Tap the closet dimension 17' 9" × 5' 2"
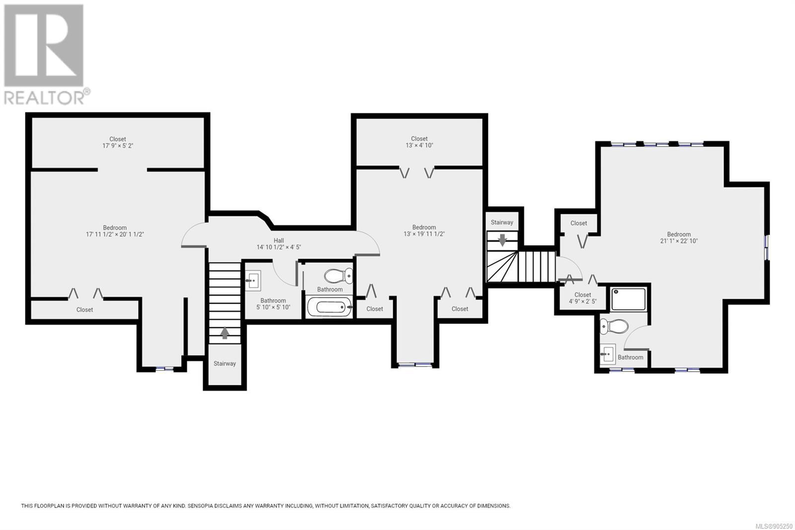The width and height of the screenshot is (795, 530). (x=117, y=146)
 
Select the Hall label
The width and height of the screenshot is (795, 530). (x=279, y=241)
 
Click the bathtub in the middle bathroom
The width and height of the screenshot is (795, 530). (x=330, y=307)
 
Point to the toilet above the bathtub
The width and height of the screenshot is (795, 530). (x=338, y=276)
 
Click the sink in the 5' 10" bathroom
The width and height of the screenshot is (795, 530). (x=253, y=280)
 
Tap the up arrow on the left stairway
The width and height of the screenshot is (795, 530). (x=225, y=333)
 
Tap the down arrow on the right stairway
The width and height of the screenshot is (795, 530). (x=502, y=240)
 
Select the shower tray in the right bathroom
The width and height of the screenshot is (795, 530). (x=628, y=299)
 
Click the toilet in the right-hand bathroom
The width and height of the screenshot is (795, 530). (x=614, y=326)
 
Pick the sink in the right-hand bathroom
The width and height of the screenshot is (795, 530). (x=608, y=354)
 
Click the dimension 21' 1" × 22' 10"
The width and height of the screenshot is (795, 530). (x=679, y=241)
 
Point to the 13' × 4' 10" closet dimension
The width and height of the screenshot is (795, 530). (x=419, y=145)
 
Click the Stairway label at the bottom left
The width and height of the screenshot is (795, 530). (x=225, y=363)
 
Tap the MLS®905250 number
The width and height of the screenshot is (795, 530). (x=774, y=526)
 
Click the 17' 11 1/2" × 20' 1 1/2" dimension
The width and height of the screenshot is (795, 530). (x=115, y=235)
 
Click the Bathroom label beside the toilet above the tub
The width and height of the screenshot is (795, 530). (x=330, y=289)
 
